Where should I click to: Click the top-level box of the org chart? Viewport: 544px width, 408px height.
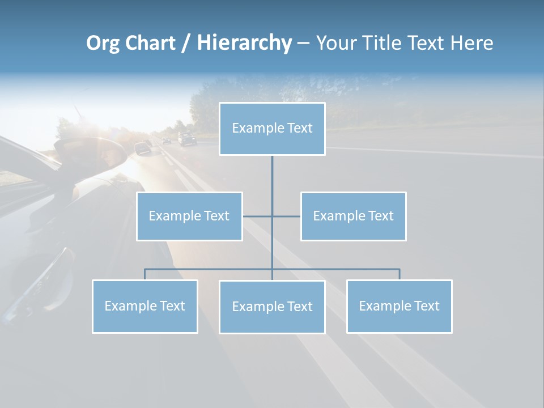272,129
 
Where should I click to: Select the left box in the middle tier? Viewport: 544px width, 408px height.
189,216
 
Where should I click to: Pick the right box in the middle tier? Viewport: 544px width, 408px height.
353,216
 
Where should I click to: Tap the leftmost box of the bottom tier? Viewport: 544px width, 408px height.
144,306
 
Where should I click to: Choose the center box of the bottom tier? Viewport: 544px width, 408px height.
272,307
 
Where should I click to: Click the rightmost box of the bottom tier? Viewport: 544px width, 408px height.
399,306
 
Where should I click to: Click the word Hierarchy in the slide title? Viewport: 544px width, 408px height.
244,43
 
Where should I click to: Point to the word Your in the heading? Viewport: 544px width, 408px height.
336,43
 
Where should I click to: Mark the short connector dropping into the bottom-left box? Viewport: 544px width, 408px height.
144,274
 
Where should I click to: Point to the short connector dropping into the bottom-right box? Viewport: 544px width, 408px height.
399,274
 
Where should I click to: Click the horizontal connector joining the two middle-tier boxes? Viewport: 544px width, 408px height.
271,216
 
